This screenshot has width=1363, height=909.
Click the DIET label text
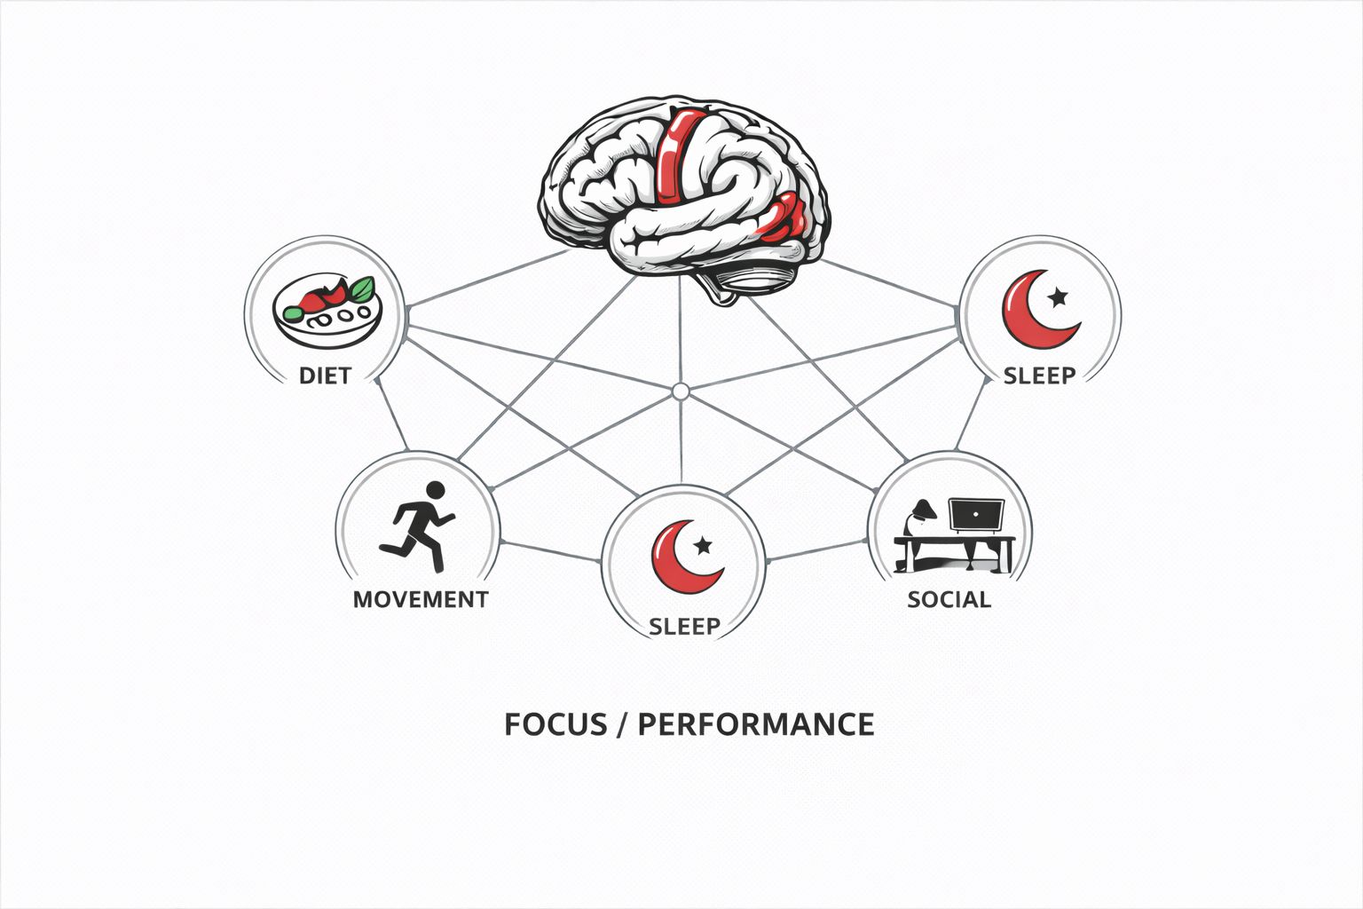tap(325, 375)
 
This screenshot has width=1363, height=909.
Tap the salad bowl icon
tap(327, 305)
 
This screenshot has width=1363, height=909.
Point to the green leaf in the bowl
tap(360, 289)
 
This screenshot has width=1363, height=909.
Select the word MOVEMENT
tap(421, 599)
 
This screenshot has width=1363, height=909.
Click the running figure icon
tap(417, 526)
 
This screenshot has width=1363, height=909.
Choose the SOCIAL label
tap(949, 599)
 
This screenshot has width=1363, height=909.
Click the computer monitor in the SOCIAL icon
tap(975, 515)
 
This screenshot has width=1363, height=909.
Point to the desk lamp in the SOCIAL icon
tap(921, 515)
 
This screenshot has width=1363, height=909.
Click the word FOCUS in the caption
tap(555, 724)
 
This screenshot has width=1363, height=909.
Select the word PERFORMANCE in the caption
tap(756, 724)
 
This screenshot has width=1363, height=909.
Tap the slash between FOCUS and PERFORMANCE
tap(623, 724)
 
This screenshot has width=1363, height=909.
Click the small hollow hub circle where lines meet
tap(681, 391)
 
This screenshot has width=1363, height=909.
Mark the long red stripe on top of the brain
tap(675, 155)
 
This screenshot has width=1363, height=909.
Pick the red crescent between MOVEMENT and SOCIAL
tap(678, 559)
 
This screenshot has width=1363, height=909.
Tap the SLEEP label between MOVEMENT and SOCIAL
tap(684, 627)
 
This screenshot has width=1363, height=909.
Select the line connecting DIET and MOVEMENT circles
tap(393, 415)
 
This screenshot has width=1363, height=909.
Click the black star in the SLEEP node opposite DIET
tap(1058, 294)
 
